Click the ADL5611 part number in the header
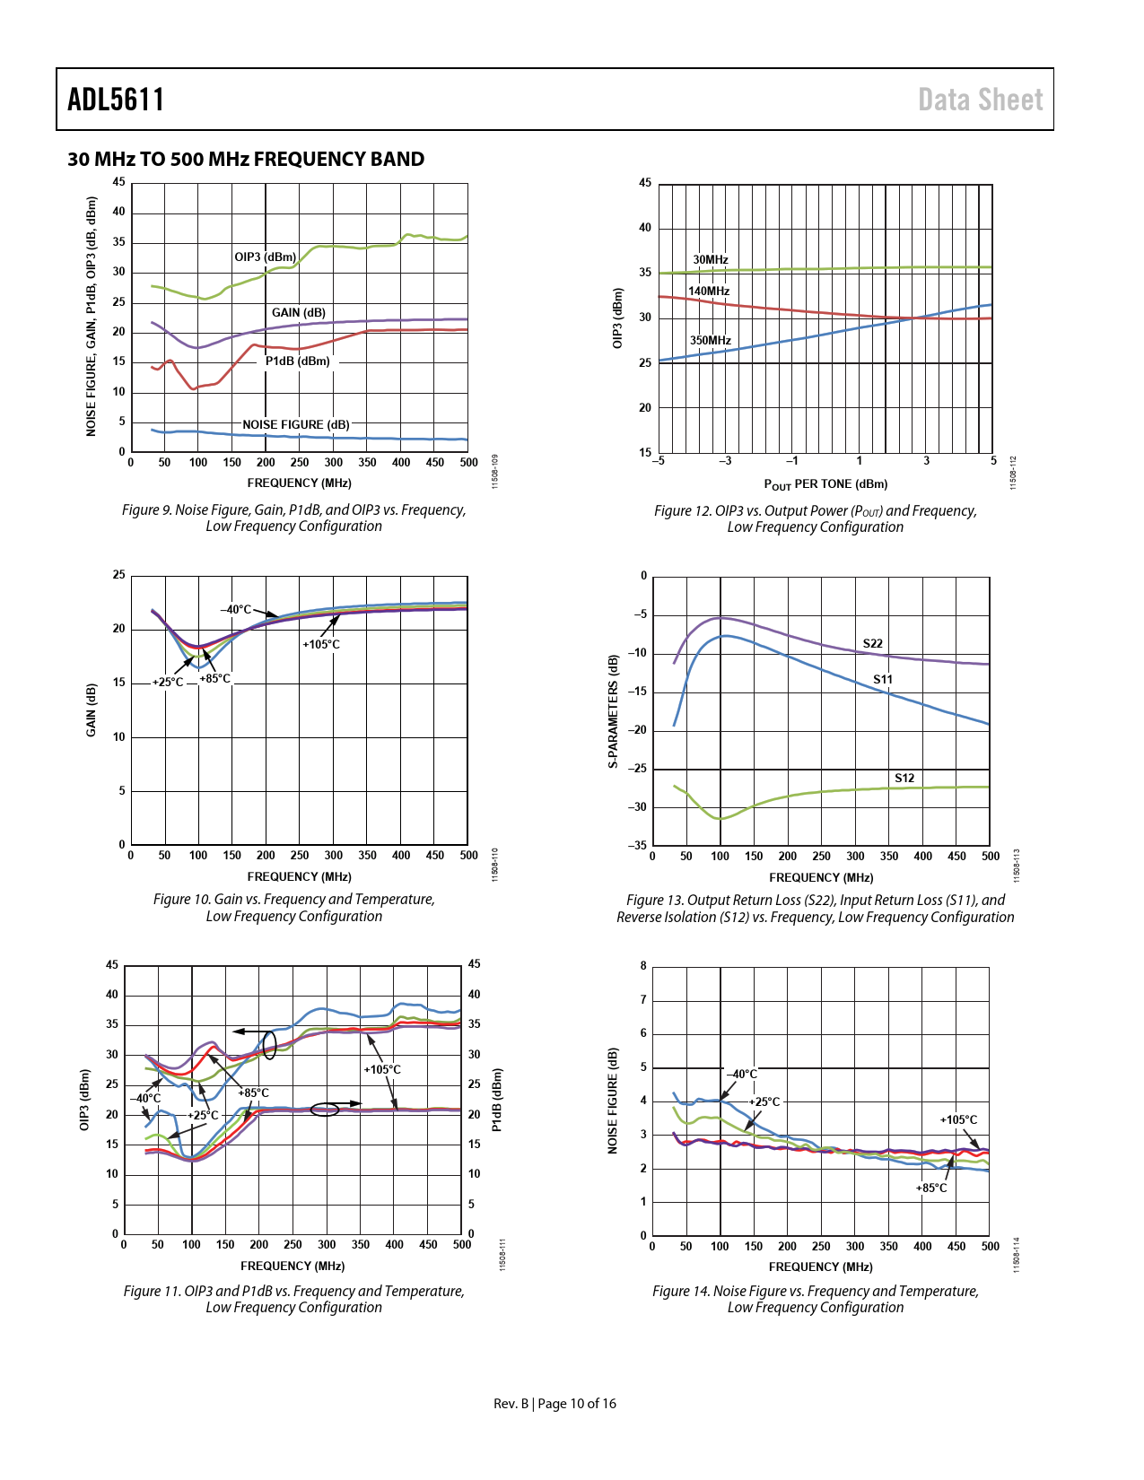pos(116,100)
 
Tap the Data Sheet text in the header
pos(980,100)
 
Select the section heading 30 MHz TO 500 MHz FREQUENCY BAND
pos(246,160)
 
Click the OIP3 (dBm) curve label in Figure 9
pos(265,257)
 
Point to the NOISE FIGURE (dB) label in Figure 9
pos(296,425)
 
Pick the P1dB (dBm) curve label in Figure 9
pos(297,361)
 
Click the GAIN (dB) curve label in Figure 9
pos(299,313)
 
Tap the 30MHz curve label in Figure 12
pos(711,260)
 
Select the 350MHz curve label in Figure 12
pos(710,341)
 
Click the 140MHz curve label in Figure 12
pos(709,292)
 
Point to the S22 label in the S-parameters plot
pos(872,644)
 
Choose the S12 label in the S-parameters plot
pos(904,779)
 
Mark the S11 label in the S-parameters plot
pos(883,680)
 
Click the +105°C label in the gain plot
pos(321,645)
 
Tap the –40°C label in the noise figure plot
pos(741,1075)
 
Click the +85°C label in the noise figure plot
pos(931,1188)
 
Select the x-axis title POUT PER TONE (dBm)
pos(825,484)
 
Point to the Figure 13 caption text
pos(815,909)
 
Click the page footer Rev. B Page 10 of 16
pos(555,1404)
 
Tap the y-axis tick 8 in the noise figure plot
pos(643,966)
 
